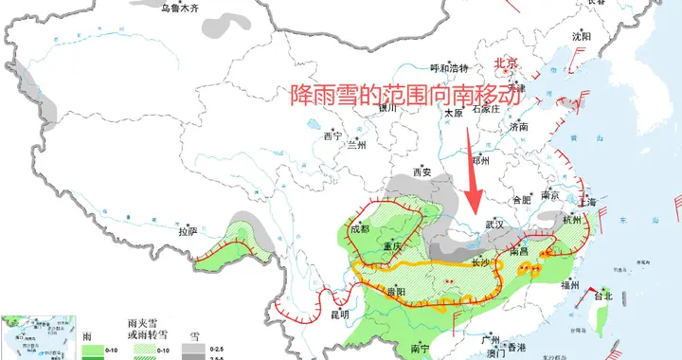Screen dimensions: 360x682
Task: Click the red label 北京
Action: coord(507,63)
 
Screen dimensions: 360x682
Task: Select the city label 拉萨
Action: coord(187,230)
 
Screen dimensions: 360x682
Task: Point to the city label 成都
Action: coord(360,228)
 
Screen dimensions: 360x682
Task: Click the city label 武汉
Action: coord(495,225)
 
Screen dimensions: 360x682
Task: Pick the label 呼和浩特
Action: coord(450,68)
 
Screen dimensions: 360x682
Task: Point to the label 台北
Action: coord(602,296)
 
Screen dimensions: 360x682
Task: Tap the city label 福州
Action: coord(571,284)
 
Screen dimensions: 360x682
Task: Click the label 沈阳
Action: coord(581,36)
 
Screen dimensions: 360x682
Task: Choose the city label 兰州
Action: coord(356,145)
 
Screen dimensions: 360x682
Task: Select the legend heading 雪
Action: coord(194,335)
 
